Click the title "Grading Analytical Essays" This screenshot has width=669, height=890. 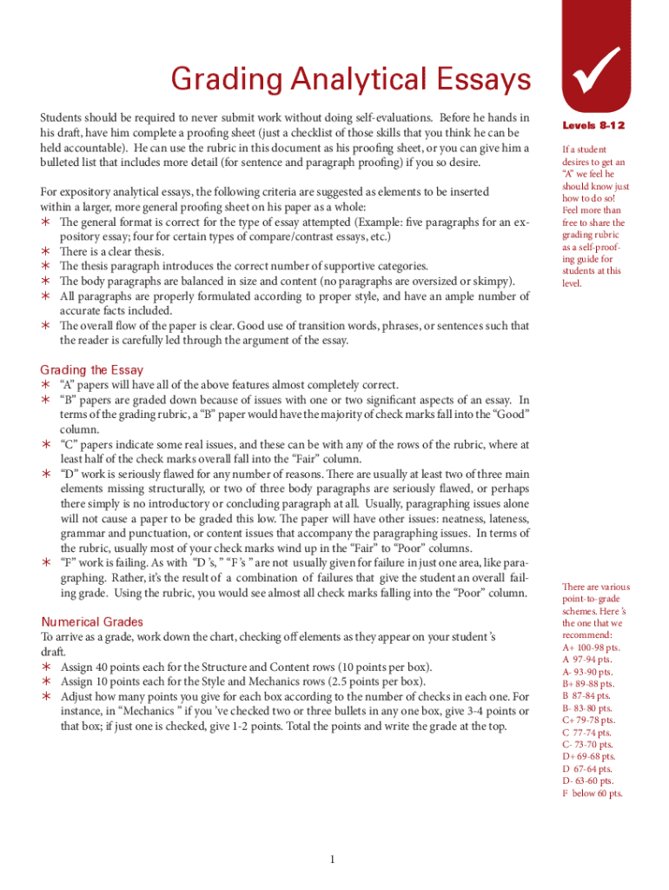tap(350, 81)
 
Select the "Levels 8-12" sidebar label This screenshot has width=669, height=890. tap(594, 127)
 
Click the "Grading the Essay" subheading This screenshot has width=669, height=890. tap(92, 369)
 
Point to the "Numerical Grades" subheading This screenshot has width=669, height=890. tap(93, 621)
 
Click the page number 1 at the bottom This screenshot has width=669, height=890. tap(333, 860)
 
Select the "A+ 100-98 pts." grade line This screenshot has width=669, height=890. tap(591, 648)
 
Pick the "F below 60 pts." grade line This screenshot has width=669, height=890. tap(592, 794)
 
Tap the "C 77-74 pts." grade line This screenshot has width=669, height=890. tap(587, 733)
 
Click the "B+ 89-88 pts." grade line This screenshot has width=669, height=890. tap(589, 684)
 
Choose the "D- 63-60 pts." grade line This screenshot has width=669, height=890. tap(588, 781)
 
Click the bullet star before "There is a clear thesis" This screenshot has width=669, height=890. tap(46, 251)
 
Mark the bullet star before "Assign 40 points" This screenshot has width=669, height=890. tap(46, 667)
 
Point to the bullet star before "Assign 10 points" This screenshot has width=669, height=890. tap(46, 682)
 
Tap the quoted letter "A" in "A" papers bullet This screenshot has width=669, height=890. tap(66, 384)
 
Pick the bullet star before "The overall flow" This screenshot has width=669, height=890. tap(46, 326)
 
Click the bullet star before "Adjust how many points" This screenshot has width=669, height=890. tap(46, 697)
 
